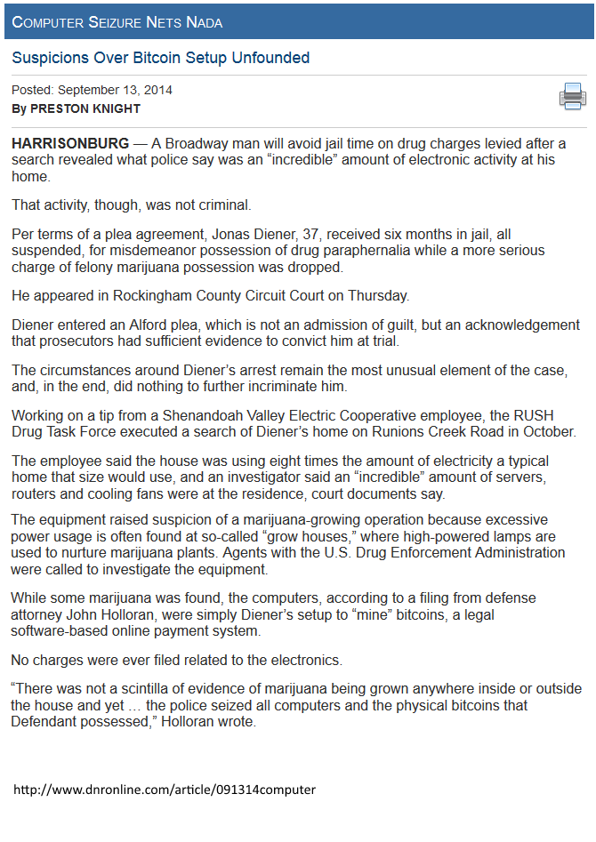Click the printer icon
[x=572, y=96]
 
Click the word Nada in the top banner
[x=204, y=21]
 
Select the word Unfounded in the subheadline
[x=270, y=58]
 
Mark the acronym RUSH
[x=521, y=415]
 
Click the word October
[x=544, y=432]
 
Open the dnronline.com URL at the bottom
[x=165, y=790]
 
